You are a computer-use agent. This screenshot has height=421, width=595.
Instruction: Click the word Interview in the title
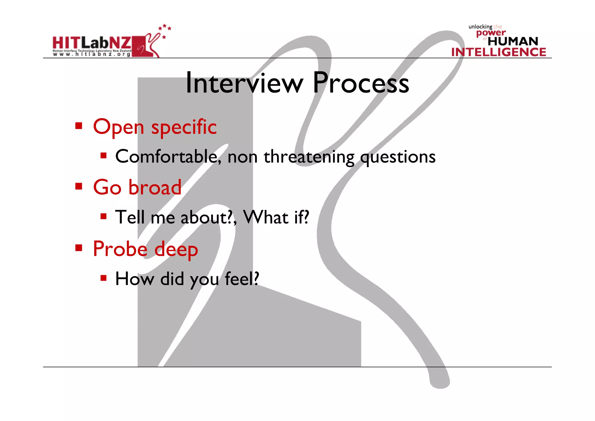point(244,83)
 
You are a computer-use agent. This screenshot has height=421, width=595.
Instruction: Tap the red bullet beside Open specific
point(78,126)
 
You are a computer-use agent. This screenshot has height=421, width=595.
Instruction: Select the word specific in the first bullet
point(184,127)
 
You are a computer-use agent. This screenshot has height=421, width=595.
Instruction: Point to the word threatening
point(309,157)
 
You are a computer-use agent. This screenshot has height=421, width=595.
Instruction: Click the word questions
point(398,157)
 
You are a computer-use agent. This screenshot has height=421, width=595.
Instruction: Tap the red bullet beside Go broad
point(78,186)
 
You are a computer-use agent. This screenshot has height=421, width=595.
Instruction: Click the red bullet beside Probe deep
point(78,248)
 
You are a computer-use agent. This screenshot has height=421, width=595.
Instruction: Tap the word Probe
point(120,249)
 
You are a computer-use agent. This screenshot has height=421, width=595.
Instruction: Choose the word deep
point(176,250)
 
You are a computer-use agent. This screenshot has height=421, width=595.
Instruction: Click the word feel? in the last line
point(242,278)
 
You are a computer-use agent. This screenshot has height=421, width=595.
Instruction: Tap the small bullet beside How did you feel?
point(103,278)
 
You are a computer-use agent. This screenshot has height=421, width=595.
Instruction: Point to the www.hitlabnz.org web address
point(92,54)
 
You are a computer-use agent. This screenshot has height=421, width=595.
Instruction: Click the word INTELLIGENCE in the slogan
point(499,52)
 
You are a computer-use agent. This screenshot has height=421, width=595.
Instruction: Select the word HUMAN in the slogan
point(513,41)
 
